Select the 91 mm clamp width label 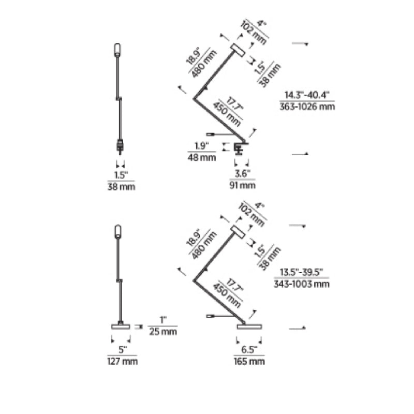point(242,185)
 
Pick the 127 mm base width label point(122,361)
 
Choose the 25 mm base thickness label point(162,331)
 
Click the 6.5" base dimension point(249,349)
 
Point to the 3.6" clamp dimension point(242,173)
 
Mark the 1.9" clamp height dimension point(201,145)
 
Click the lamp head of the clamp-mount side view point(239,51)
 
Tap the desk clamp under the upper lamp point(239,148)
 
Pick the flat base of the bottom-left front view point(121,326)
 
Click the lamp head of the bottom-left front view point(117,231)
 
